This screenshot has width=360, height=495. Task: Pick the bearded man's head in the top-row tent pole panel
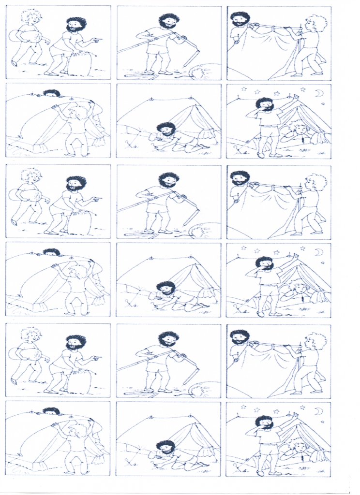[x=168, y=21]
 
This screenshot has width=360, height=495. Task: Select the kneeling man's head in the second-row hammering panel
[x=166, y=130]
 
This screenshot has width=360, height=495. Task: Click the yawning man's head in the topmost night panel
[x=264, y=104]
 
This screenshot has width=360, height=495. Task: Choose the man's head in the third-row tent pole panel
[x=168, y=180]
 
